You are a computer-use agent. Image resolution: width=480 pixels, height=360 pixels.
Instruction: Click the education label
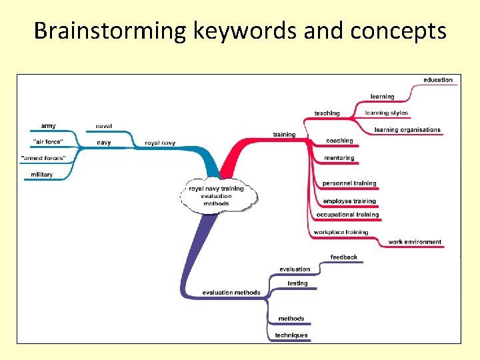click(438, 80)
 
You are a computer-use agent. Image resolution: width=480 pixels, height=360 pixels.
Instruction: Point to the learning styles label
click(387, 113)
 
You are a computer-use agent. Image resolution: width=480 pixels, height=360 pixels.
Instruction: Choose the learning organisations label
click(407, 129)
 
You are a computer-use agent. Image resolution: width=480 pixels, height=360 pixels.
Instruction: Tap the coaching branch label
click(339, 141)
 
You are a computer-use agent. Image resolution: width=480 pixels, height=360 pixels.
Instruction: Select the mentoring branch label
click(339, 158)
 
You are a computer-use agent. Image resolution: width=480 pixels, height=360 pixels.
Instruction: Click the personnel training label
click(349, 183)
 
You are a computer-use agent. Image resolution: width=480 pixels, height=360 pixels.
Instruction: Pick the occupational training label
click(348, 215)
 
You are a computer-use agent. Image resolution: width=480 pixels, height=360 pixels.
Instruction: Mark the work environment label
click(415, 242)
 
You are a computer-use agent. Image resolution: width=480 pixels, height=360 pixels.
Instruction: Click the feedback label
click(344, 257)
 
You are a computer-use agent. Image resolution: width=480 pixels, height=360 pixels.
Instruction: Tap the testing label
click(297, 283)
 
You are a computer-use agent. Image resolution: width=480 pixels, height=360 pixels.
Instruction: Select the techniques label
click(291, 335)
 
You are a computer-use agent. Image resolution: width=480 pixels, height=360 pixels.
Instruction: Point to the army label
click(49, 125)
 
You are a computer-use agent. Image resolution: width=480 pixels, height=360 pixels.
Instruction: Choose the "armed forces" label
click(43, 158)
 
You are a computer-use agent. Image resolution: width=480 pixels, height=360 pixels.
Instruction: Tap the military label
click(41, 175)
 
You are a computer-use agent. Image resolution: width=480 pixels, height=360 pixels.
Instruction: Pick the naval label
click(104, 125)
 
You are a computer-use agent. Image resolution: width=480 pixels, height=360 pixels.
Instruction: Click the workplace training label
click(341, 232)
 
